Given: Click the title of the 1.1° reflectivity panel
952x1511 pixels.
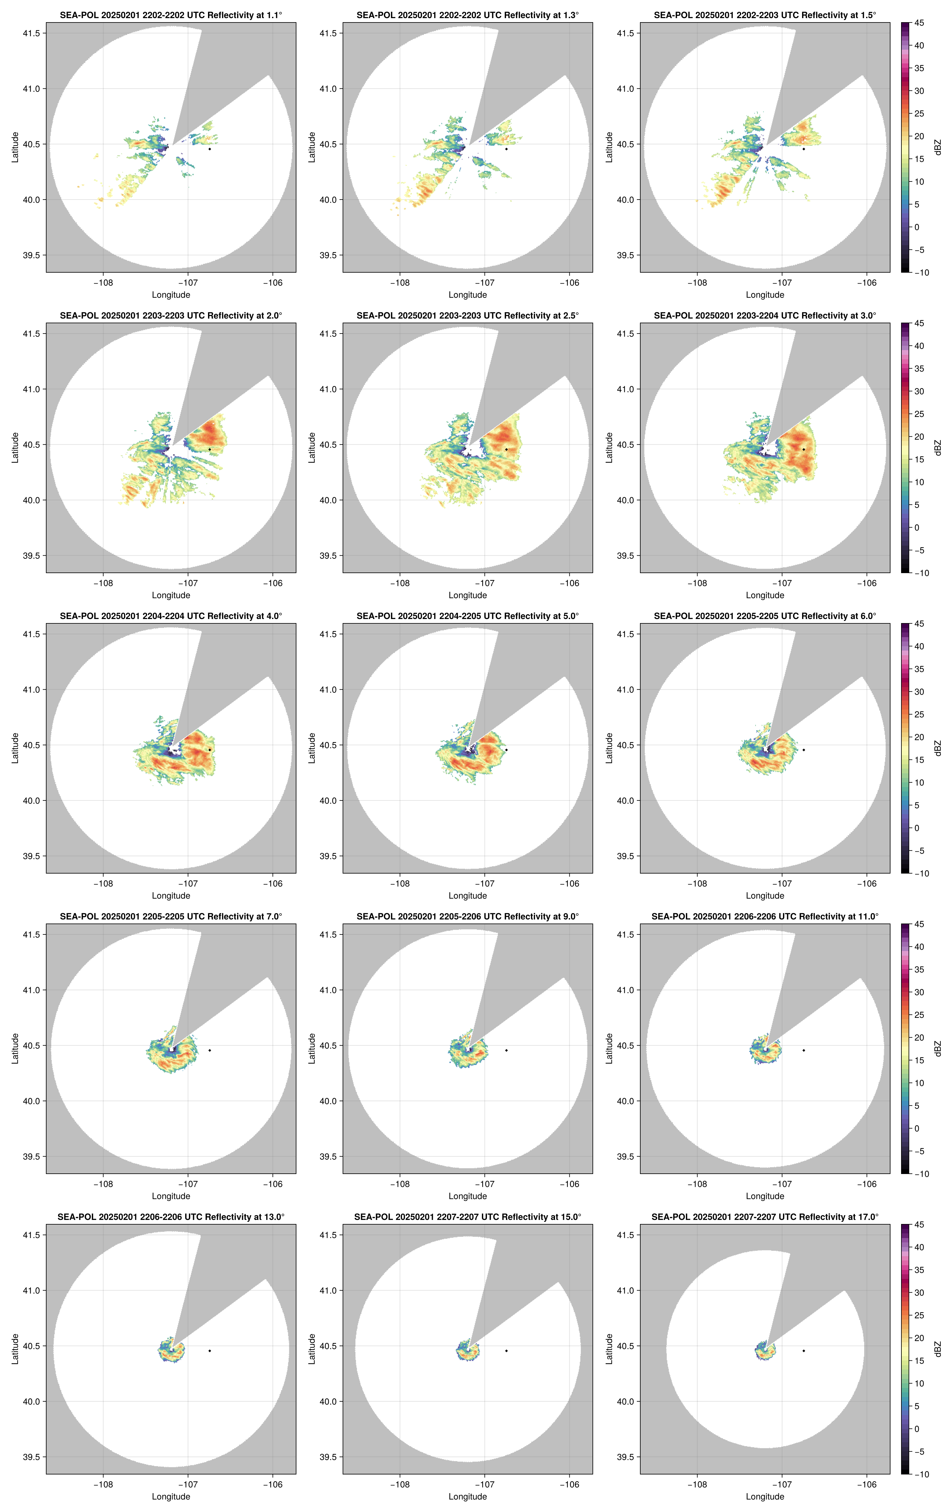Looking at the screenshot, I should [171, 15].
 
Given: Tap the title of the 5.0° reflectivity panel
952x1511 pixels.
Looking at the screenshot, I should [468, 616].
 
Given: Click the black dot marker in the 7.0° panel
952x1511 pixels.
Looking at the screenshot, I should [210, 1050].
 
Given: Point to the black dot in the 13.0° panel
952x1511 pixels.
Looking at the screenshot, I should [210, 1350].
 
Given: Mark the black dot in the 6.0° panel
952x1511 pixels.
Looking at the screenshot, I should [803, 750].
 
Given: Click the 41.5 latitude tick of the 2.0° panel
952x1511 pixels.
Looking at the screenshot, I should [31, 334].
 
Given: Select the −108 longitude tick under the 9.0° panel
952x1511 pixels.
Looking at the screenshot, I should [400, 1184].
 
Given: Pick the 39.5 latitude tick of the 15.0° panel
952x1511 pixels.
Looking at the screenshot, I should [328, 1457].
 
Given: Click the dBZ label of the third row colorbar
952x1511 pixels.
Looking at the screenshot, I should [938, 748].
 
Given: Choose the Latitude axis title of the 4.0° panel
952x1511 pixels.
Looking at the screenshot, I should [15, 748].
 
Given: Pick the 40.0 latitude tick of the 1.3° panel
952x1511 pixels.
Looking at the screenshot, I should [328, 200].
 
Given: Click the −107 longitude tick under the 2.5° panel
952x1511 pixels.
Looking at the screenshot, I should [484, 583].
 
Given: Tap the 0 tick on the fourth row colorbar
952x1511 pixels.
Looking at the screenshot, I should [917, 1128].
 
